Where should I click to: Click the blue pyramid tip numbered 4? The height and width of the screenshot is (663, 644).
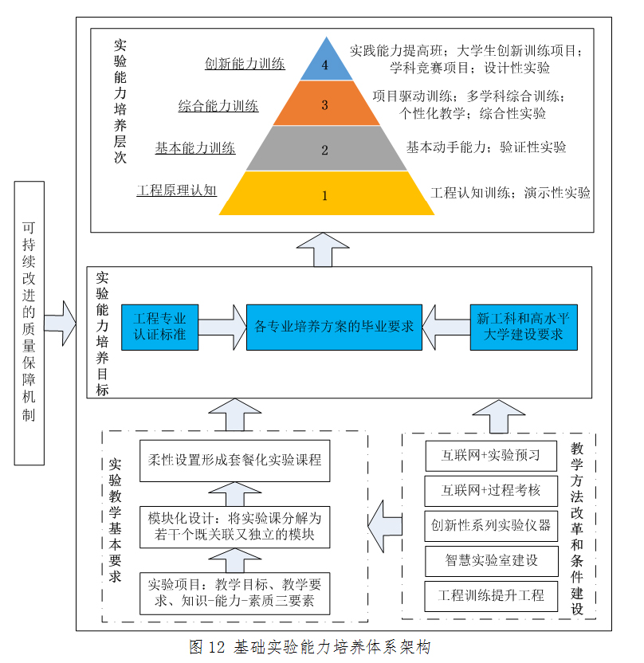[325, 64]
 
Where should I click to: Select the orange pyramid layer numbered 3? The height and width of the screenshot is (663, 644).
[325, 104]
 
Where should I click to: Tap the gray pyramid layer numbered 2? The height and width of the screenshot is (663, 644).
[325, 149]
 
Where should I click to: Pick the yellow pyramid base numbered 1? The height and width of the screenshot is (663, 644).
[325, 194]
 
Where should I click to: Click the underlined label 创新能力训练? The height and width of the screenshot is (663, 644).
[245, 65]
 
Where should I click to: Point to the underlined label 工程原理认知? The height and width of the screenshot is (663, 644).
[177, 191]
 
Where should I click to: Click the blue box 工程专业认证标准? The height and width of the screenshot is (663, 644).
[159, 326]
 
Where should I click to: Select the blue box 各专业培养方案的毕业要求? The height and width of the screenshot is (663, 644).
[333, 326]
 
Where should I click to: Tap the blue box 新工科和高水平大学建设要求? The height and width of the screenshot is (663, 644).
[522, 326]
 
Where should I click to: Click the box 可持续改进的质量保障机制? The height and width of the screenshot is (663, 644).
[29, 323]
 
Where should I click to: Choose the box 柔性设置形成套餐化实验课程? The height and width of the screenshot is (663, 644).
[234, 461]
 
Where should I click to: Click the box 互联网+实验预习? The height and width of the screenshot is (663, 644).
[491, 456]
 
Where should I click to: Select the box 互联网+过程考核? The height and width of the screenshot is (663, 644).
[491, 489]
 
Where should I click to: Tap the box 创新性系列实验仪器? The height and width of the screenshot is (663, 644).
[491, 525]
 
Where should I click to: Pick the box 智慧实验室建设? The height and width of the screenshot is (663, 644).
[491, 560]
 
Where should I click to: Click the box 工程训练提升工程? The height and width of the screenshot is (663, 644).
[491, 595]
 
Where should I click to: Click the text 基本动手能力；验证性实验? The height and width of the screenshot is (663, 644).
[486, 147]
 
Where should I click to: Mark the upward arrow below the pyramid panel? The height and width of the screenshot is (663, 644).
[319, 249]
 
